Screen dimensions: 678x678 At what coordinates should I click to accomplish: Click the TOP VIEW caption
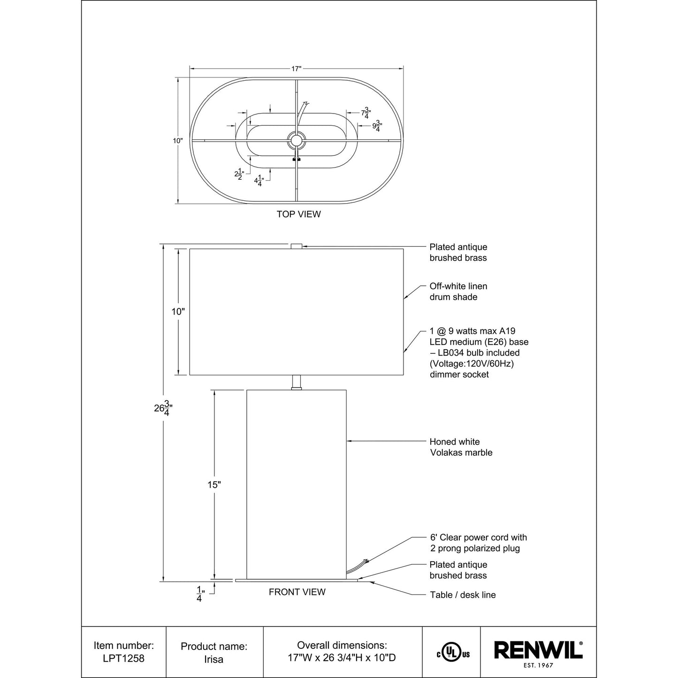pos(298,214)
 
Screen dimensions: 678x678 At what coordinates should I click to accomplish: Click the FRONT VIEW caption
pos(297,592)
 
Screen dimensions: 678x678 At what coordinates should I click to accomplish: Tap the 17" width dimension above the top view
pos(296,69)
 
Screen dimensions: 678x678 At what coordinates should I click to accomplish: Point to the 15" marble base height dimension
pos(213,485)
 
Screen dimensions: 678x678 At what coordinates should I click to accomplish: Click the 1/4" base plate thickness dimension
pos(200,594)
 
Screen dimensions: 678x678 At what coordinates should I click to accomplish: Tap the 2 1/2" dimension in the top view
pos(239,174)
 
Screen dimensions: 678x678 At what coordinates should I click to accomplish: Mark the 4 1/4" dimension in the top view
pos(259,181)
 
